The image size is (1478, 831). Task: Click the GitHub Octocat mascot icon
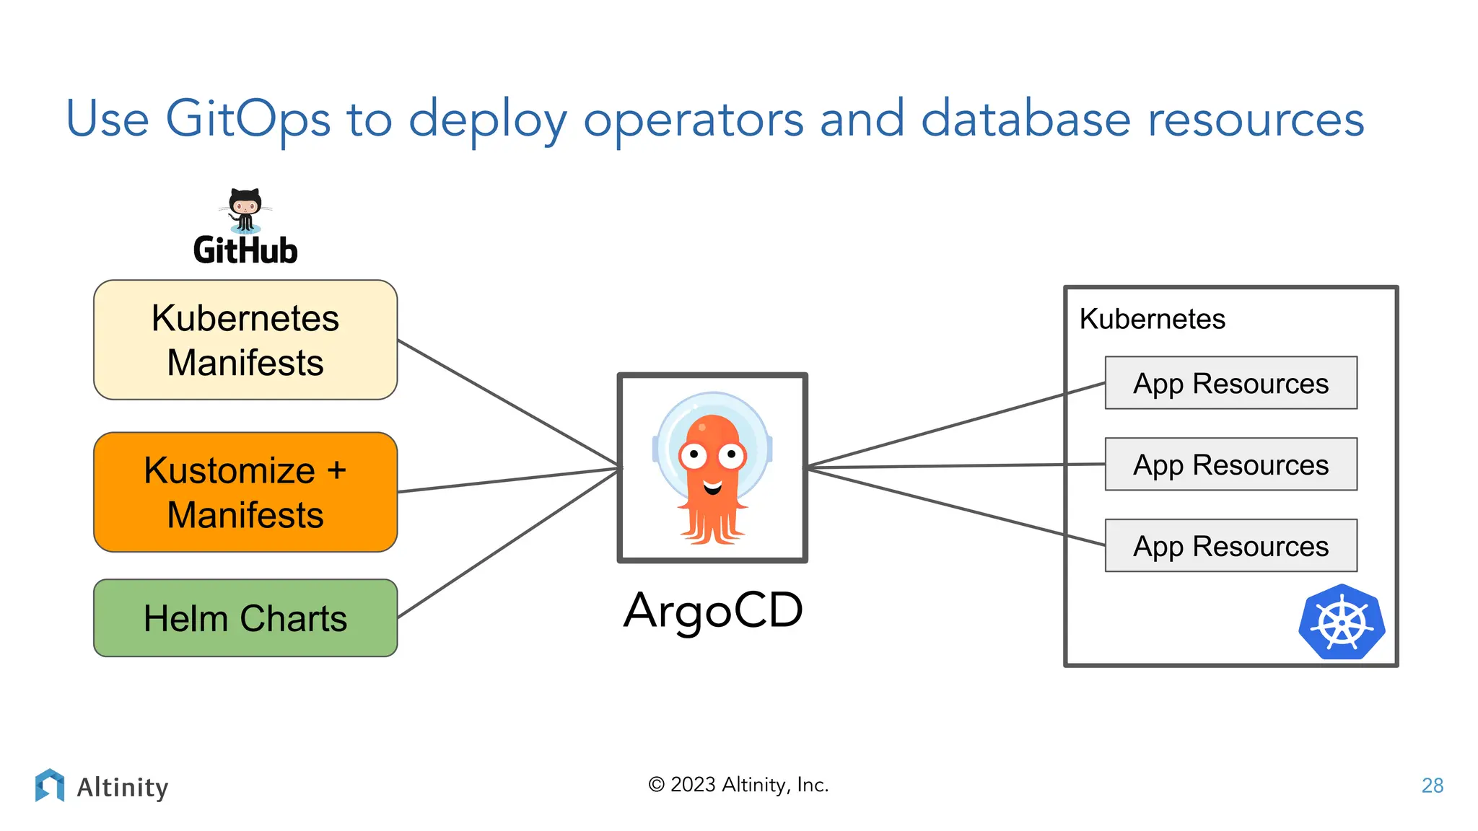click(245, 210)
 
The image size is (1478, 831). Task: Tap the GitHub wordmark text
click(245, 251)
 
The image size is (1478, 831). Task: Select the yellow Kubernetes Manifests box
click(245, 340)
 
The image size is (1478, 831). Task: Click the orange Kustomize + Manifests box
click(245, 492)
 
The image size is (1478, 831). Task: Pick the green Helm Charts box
click(245, 618)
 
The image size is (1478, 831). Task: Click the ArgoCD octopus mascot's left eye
click(694, 454)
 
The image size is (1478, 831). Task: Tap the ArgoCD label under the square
click(713, 610)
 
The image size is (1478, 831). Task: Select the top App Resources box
click(1230, 383)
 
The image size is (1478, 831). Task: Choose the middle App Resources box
click(1230, 465)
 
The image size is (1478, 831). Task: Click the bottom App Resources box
click(1230, 546)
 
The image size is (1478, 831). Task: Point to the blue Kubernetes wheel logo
click(1342, 622)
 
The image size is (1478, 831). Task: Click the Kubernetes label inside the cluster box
click(1152, 319)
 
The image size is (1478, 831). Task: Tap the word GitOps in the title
click(248, 120)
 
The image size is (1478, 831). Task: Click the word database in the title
click(1026, 118)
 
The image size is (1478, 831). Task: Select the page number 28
click(1432, 786)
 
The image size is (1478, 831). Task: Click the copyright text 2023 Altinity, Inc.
click(738, 785)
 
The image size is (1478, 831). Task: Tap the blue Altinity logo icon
click(50, 785)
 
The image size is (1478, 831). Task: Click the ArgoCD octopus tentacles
click(712, 525)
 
